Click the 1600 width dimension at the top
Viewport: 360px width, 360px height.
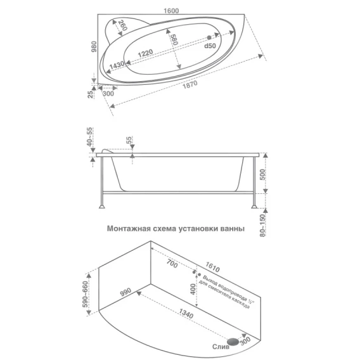(171, 11)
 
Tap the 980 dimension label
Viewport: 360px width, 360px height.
(94, 47)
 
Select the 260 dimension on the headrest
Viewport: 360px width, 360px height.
(122, 25)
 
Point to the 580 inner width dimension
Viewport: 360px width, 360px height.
(174, 39)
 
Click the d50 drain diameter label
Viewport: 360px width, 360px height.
(210, 46)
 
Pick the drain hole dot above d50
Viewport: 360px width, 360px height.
(209, 37)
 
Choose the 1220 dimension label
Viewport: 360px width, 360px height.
(145, 53)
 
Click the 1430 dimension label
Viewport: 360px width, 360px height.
(117, 65)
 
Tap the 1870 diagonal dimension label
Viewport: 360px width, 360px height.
(190, 84)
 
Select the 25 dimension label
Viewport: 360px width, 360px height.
(91, 94)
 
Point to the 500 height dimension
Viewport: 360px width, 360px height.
(262, 174)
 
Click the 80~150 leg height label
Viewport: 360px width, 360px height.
(262, 226)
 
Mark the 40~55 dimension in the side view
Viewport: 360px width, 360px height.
(89, 137)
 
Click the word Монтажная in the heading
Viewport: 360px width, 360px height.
(129, 229)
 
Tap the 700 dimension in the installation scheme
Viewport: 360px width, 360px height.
(172, 263)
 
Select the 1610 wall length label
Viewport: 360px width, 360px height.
(212, 267)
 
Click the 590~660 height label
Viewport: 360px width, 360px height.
(85, 294)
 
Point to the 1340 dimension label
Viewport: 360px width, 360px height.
(186, 314)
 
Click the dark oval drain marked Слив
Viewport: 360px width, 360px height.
(233, 342)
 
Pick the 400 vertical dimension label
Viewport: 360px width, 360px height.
(193, 289)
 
